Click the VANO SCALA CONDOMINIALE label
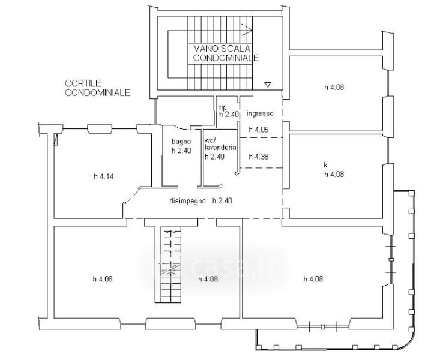[x=226, y=53]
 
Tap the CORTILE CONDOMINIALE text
[x=97, y=88]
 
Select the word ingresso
[x=260, y=113]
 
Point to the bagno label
[x=181, y=142]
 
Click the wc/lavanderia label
[x=220, y=144]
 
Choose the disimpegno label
[x=187, y=201]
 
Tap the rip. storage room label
[x=223, y=107]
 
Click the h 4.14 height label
[x=104, y=176]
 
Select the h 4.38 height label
[x=259, y=157]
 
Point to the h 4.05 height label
[x=259, y=130]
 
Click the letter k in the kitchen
[x=325, y=165]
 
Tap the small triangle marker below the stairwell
[x=268, y=85]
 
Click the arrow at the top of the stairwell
[x=247, y=29]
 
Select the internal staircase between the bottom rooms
[x=171, y=265]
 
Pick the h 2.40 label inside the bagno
[x=181, y=151]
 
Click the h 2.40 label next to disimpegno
[x=223, y=201]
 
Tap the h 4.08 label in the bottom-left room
[x=103, y=279]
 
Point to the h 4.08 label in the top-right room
[x=334, y=88]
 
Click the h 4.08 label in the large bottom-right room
[x=313, y=279]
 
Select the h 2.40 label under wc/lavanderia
[x=215, y=157]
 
